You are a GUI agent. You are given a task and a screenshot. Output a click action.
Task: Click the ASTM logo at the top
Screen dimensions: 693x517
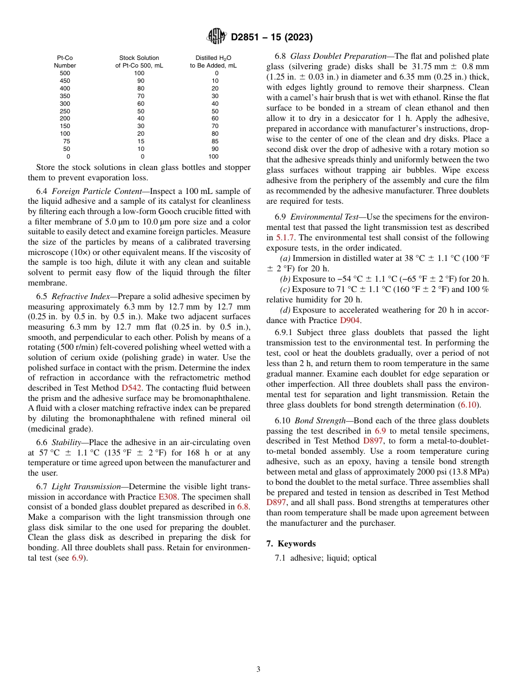(x=217, y=37)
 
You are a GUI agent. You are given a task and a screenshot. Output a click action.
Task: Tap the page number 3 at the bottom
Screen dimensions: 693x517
(x=258, y=669)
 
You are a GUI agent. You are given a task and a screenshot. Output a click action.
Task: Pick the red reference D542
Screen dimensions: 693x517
(x=131, y=388)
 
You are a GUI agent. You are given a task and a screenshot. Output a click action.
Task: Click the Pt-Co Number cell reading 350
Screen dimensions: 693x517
(x=65, y=96)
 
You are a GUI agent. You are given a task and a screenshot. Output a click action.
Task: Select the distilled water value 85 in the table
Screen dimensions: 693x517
(x=215, y=141)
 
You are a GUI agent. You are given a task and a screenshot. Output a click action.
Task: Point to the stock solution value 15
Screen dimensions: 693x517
(x=139, y=141)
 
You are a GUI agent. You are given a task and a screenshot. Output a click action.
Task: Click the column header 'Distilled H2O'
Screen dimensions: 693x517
(x=213, y=58)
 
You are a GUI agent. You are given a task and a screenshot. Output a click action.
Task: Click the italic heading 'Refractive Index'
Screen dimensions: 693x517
(x=76, y=297)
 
